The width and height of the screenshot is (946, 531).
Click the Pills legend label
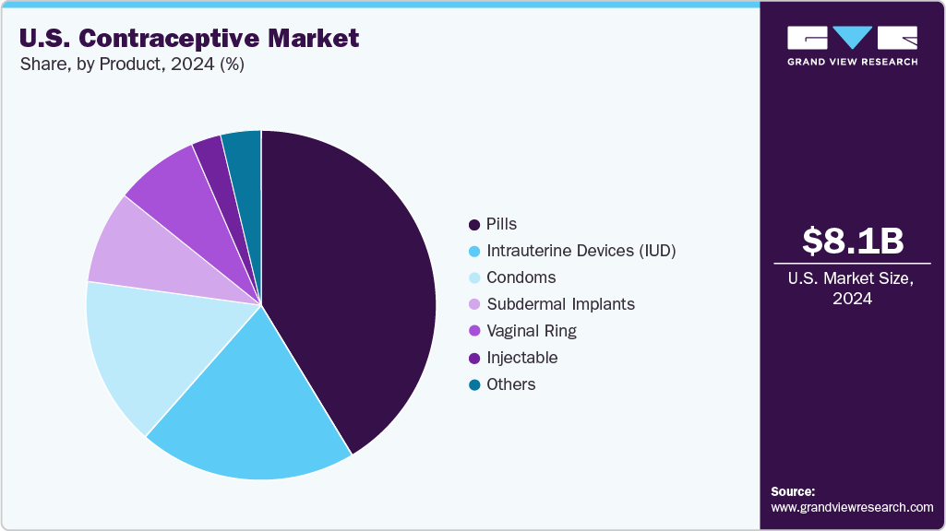[x=501, y=224]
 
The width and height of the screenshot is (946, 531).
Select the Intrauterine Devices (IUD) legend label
[x=581, y=251]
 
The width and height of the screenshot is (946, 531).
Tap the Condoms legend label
[x=521, y=277]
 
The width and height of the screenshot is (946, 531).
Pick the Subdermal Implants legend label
[x=560, y=304]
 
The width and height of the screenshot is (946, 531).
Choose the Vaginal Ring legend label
[x=531, y=331]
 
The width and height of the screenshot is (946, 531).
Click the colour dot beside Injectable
[x=474, y=358]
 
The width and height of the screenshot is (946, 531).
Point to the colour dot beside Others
[x=474, y=384]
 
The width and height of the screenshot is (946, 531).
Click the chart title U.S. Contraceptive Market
[x=189, y=39]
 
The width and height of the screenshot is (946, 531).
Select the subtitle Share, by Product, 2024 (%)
[x=131, y=65]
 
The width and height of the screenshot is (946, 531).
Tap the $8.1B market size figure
[x=852, y=242]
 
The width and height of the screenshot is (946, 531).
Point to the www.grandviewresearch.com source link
[x=852, y=507]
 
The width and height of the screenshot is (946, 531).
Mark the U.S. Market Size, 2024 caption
[x=852, y=288]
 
